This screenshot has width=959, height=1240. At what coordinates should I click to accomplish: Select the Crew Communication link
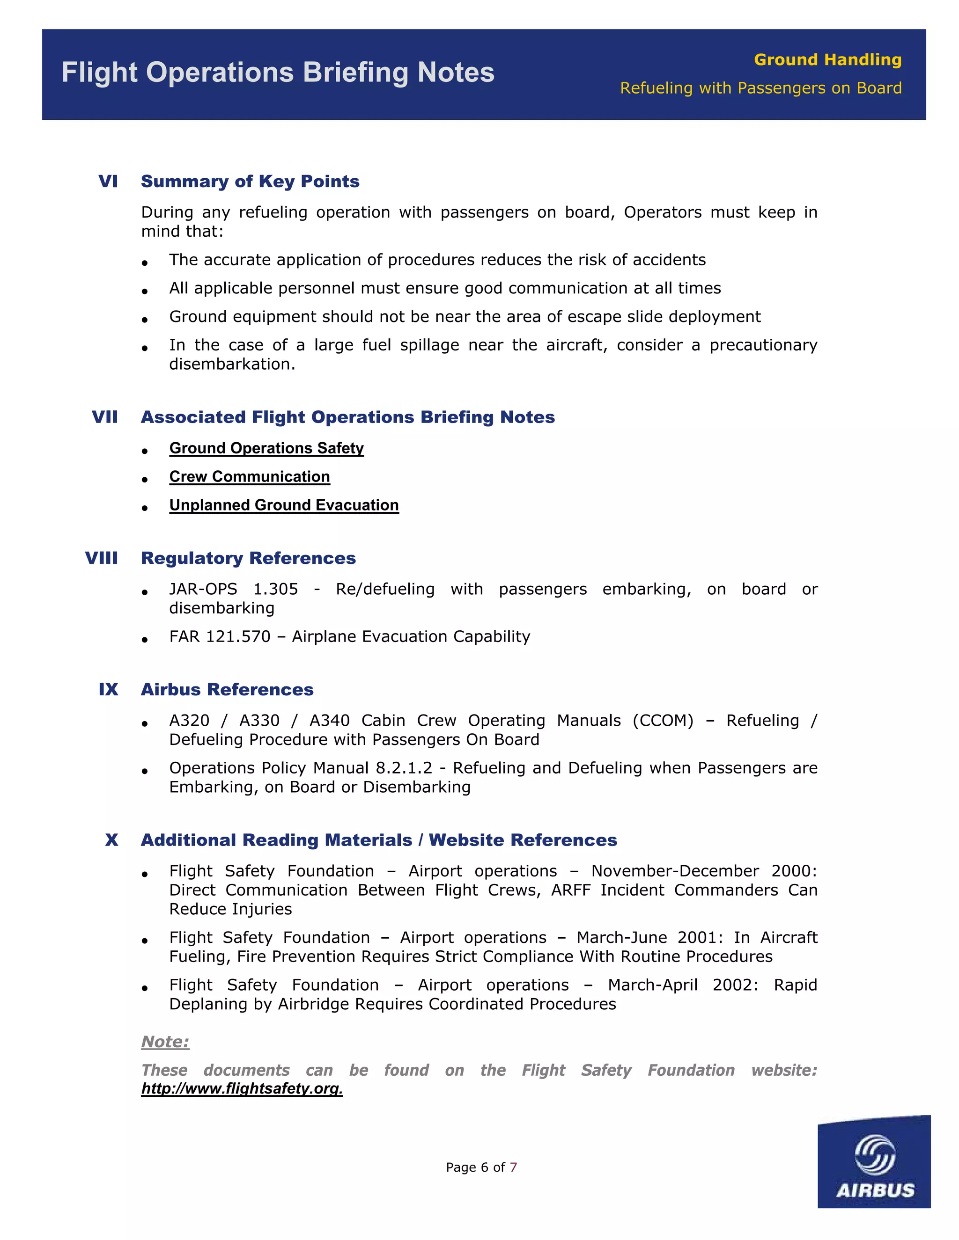[x=250, y=477]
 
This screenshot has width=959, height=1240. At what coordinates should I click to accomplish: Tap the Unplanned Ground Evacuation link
[x=284, y=505]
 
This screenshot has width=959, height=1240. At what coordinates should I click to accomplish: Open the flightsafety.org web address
[x=242, y=1088]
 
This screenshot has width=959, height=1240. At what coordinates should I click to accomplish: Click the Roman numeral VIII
[x=102, y=558]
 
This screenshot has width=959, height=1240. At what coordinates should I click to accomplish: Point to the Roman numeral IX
[x=108, y=689]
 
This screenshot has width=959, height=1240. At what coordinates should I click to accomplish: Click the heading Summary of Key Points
[x=250, y=181]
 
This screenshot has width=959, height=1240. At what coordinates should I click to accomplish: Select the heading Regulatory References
[x=248, y=558]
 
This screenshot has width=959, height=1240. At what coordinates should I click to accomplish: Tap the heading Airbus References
[x=227, y=689]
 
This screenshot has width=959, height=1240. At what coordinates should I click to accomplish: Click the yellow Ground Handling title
[x=827, y=59]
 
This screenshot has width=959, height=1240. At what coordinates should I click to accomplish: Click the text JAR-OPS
[x=203, y=589]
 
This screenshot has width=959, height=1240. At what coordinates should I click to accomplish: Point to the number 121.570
[x=238, y=636]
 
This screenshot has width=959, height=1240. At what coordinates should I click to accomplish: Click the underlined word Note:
[x=165, y=1042]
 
